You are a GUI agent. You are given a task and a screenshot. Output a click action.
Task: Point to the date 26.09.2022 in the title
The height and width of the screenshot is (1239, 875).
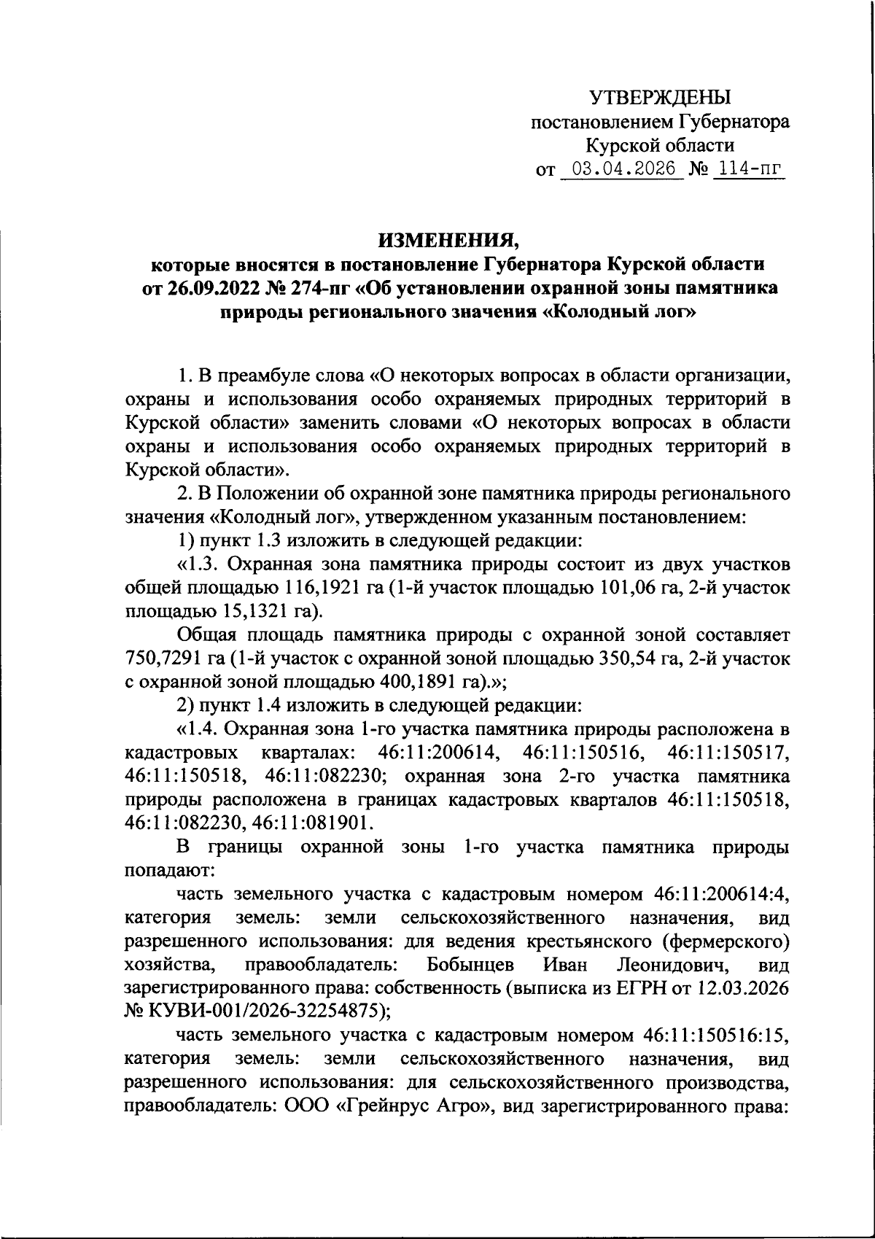coord(206,287)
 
